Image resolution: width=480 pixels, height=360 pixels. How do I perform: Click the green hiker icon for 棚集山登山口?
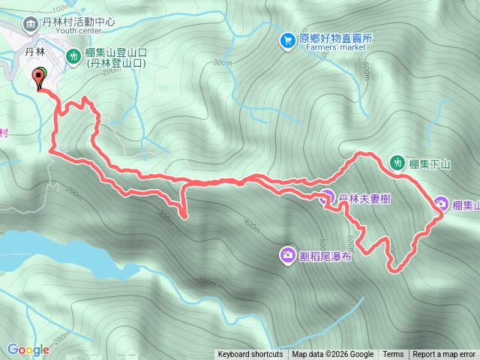pos(74,55)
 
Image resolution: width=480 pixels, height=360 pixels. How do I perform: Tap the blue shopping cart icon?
pos(288,40)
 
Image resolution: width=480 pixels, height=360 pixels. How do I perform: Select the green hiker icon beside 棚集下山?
pos(398,162)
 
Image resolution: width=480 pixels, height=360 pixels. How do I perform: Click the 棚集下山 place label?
pos(430,163)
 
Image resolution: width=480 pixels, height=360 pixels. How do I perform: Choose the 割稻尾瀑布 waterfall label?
pos(326,256)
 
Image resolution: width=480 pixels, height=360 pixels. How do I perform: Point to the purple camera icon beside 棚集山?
pos(442,204)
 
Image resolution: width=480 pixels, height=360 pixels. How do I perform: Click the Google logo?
pos(28,349)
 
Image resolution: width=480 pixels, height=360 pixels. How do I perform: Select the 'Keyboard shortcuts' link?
pos(250,355)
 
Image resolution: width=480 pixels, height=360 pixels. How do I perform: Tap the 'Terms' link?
pos(393,355)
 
